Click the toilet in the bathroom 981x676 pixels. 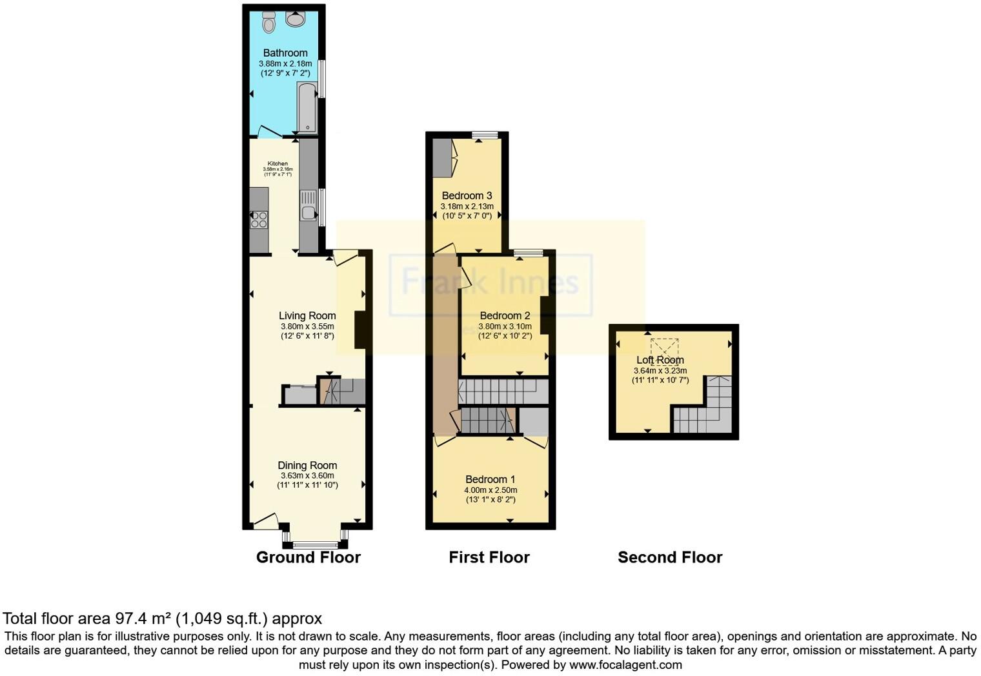pos(268,23)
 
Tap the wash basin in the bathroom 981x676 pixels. pos(296,19)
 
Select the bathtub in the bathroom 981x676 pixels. pos(307,107)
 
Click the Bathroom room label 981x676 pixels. pos(285,53)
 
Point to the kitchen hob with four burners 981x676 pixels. pos(259,220)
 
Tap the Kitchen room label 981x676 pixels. pos(278,164)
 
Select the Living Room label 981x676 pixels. pos(307,315)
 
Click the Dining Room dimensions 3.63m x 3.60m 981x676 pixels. pos(307,475)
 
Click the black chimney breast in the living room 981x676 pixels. pos(360,330)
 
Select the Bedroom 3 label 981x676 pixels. pos(467,195)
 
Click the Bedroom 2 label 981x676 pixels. pos(505,315)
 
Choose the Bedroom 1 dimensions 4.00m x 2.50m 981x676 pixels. pos(490,490)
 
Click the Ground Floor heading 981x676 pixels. pos(308,557)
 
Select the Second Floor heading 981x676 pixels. pos(670,557)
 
